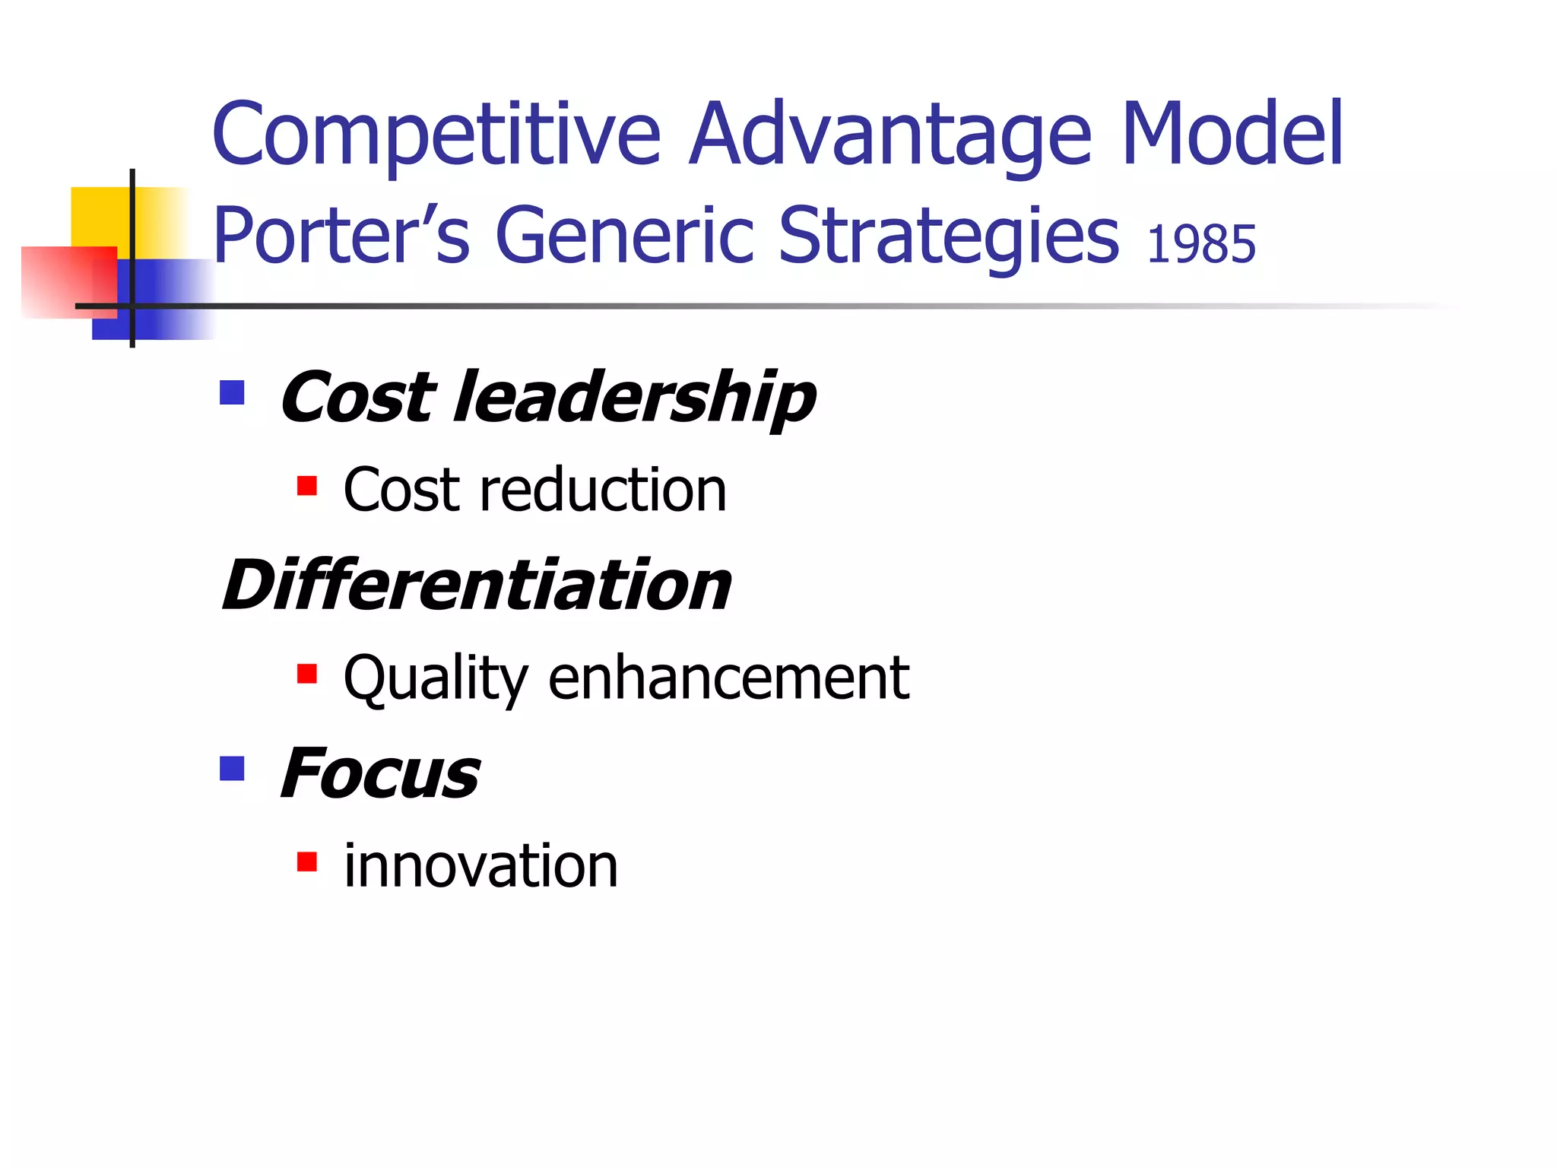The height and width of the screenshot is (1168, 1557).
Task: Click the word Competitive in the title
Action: [x=436, y=135]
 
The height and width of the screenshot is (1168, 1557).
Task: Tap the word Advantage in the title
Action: [x=890, y=135]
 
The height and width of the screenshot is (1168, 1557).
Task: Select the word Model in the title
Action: [x=1232, y=135]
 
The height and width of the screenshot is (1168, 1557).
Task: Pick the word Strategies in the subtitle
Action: [x=948, y=237]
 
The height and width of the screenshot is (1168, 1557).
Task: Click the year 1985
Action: [x=1201, y=245]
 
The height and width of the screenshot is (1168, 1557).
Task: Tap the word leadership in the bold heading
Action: [x=634, y=398]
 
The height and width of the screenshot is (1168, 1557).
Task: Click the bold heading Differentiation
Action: [x=477, y=585]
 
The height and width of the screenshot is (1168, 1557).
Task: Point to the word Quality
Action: [x=436, y=678]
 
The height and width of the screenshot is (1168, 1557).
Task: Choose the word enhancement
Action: [x=728, y=678]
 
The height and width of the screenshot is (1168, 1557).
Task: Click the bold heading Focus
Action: [x=380, y=773]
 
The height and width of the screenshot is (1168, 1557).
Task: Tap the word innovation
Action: [x=480, y=866]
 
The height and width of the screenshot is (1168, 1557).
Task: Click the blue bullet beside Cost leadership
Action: [x=232, y=393]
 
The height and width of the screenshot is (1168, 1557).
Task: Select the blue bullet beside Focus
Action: [x=232, y=769]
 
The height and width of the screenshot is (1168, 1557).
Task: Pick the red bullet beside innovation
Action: [x=307, y=862]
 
